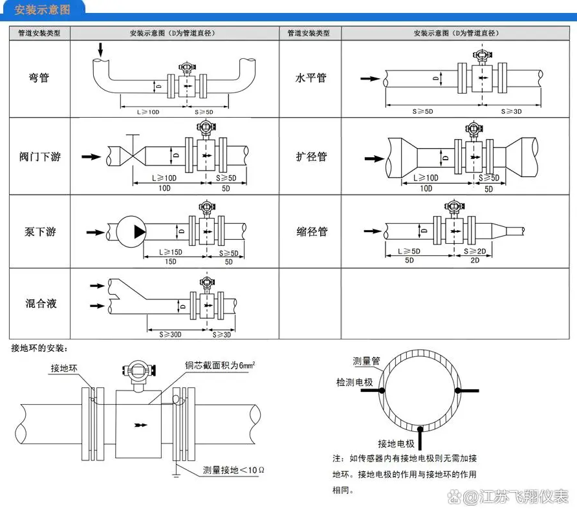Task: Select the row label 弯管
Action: [39, 78]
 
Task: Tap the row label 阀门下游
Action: [39, 156]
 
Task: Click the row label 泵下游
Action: [40, 231]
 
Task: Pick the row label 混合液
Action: [40, 303]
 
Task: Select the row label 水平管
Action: [310, 78]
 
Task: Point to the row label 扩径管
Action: [311, 156]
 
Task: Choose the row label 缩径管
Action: [312, 231]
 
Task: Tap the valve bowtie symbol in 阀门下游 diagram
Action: [132, 156]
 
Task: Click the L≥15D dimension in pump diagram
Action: [159, 253]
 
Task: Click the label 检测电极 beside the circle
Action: [354, 383]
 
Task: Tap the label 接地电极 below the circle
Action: [397, 443]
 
